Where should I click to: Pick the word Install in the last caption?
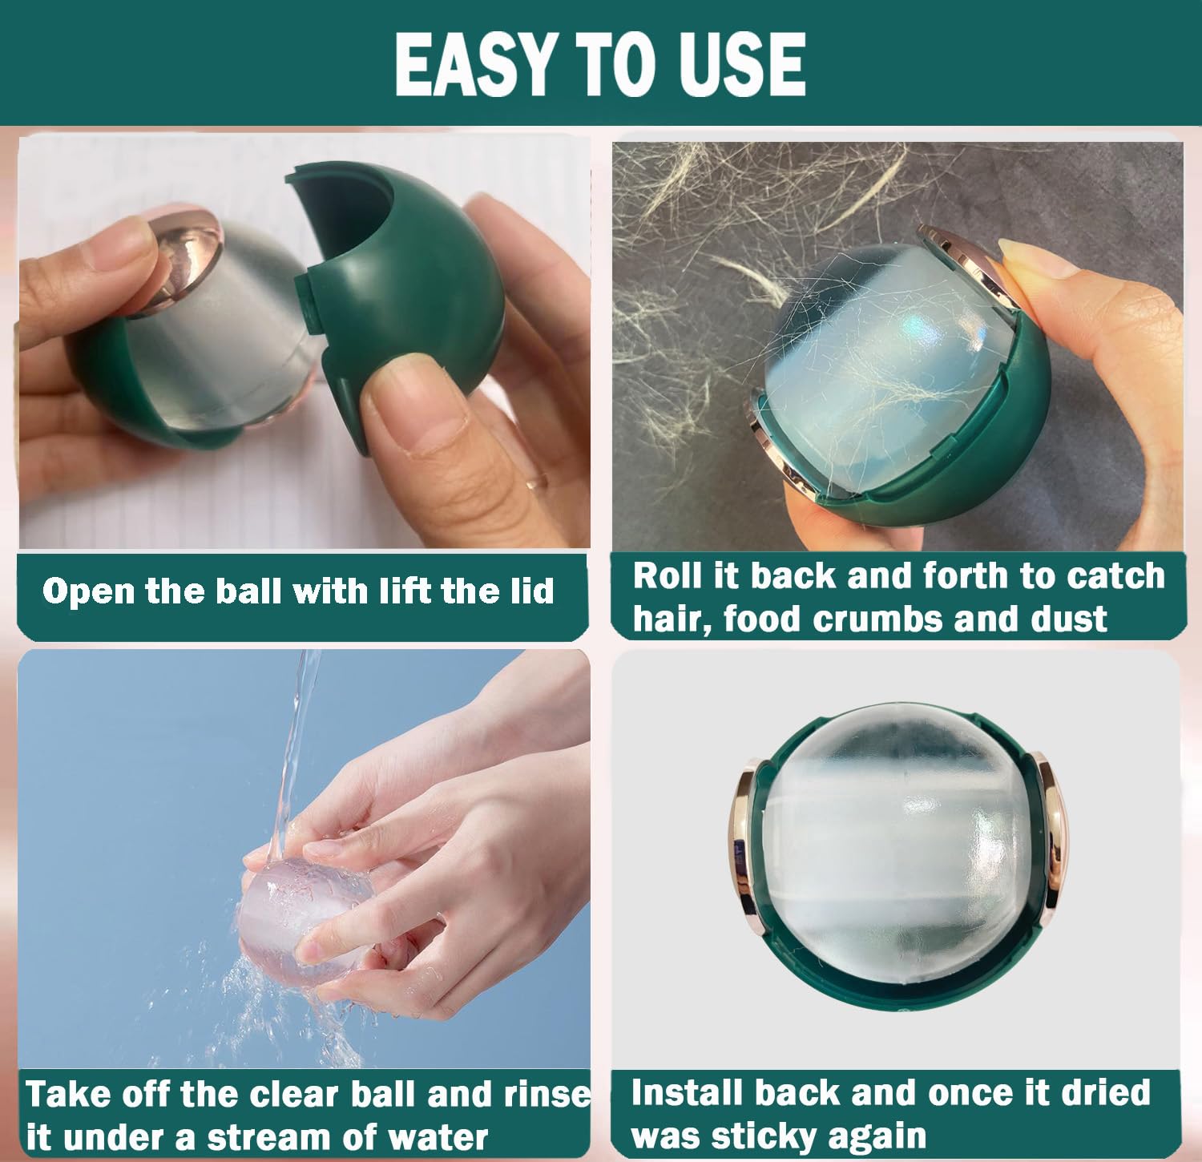[x=688, y=1093]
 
